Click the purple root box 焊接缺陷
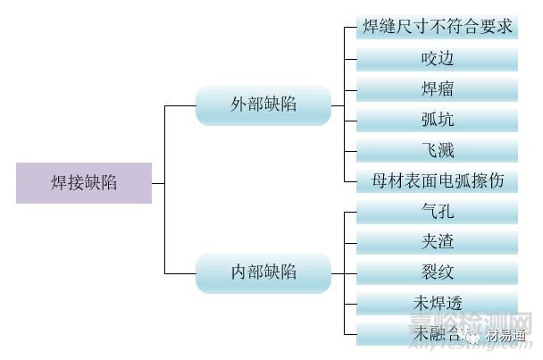click(84, 183)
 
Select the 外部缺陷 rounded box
click(263, 105)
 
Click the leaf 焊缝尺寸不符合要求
click(438, 28)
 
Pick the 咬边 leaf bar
click(438, 59)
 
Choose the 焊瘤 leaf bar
click(438, 89)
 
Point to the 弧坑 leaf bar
click(438, 120)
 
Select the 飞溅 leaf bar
click(438, 150)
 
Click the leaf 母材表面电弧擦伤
click(438, 180)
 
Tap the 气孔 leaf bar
click(438, 212)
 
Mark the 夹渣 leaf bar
click(438, 242)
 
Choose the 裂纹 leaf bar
click(438, 272)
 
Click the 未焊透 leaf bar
click(438, 303)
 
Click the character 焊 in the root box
click(59, 183)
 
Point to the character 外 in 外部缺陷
click(238, 105)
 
